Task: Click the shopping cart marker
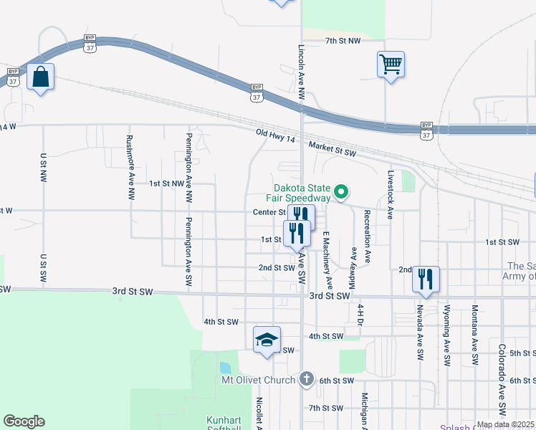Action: coord(391,64)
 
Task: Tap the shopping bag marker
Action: coord(41,77)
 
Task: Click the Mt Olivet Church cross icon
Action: coord(307,378)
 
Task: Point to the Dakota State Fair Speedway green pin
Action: coord(342,191)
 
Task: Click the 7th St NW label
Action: coord(343,42)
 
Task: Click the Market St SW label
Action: coord(332,149)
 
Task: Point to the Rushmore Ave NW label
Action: coord(130,167)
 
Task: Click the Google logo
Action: coord(24,421)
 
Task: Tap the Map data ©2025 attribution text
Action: coord(505,424)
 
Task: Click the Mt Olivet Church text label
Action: coord(259,379)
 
